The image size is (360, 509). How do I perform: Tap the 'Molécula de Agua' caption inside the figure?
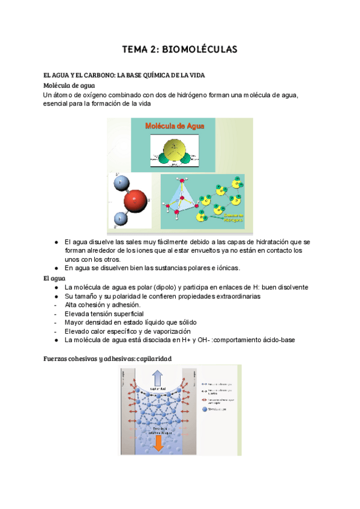pos(175,126)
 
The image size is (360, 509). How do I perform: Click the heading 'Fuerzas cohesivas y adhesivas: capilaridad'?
pos(107,358)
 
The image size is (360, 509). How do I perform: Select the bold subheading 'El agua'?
pos(55,279)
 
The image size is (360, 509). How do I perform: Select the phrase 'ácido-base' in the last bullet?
pos(276,340)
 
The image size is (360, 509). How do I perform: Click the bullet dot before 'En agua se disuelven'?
pos(56,268)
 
